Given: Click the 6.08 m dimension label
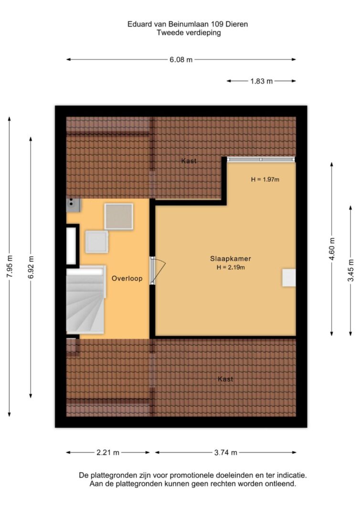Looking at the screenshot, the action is [181, 60].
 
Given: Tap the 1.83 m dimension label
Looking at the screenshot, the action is [261, 81].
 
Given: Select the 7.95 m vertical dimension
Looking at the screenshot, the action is [10, 266].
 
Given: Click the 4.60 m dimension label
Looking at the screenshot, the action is [332, 249].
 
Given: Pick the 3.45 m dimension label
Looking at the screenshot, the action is [350, 270].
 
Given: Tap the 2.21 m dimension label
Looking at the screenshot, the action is [108, 453].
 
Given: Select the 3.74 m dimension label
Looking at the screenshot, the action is [225, 453].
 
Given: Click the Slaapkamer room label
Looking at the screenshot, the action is [230, 259].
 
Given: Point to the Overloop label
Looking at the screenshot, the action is [127, 279].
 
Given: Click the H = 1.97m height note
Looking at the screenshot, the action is [265, 179].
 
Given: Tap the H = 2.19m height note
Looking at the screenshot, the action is [231, 268].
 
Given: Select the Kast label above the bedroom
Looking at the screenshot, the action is [189, 161].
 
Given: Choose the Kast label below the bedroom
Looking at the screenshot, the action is [225, 379].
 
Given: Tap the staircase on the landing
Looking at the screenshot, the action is [85, 300].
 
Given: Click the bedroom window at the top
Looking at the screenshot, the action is [261, 159].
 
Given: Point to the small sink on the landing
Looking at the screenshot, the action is [74, 205].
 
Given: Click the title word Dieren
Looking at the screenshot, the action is [237, 24].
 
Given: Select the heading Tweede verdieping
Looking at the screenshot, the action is [189, 32].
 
